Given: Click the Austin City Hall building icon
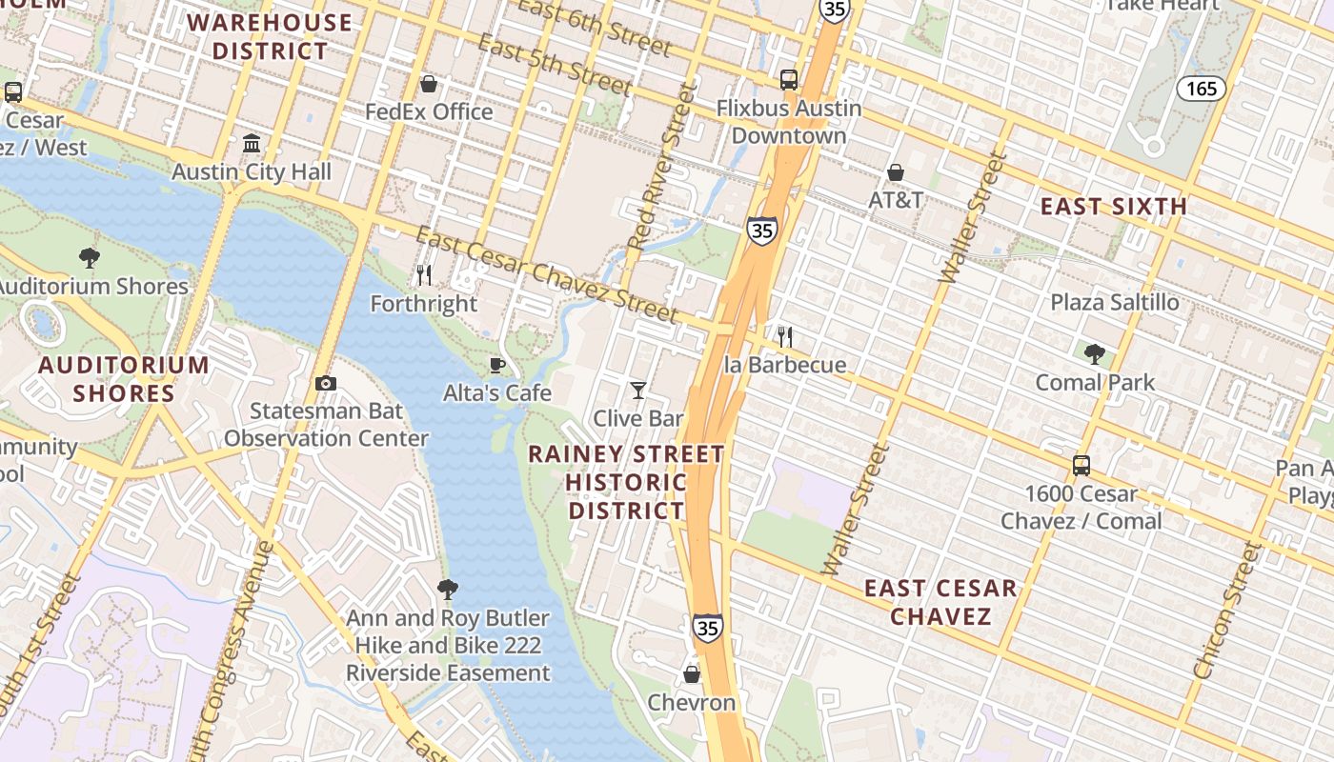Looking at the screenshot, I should click(252, 144).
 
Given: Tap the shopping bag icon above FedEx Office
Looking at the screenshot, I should click(429, 84).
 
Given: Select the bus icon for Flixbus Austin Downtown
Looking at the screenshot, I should click(789, 80).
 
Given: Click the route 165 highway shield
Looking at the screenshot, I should click(1202, 89).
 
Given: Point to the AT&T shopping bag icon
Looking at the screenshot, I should click(896, 172).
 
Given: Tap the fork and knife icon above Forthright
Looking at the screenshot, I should click(424, 275).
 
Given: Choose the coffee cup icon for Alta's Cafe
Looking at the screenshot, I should click(496, 365).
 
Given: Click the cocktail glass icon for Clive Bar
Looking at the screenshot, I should click(638, 390).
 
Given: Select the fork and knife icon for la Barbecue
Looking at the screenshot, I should click(784, 336).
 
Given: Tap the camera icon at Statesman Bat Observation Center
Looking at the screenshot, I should click(326, 383).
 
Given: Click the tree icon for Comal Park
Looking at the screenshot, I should click(1095, 354).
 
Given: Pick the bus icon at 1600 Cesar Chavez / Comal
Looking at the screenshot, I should click(1081, 466).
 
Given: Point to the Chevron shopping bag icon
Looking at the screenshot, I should click(692, 674).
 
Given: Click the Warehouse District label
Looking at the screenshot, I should click(270, 36).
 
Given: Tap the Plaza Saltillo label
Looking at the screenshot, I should click(1114, 302).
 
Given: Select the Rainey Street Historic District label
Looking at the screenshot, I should click(626, 482).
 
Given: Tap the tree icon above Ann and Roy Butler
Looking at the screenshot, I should click(447, 590).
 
